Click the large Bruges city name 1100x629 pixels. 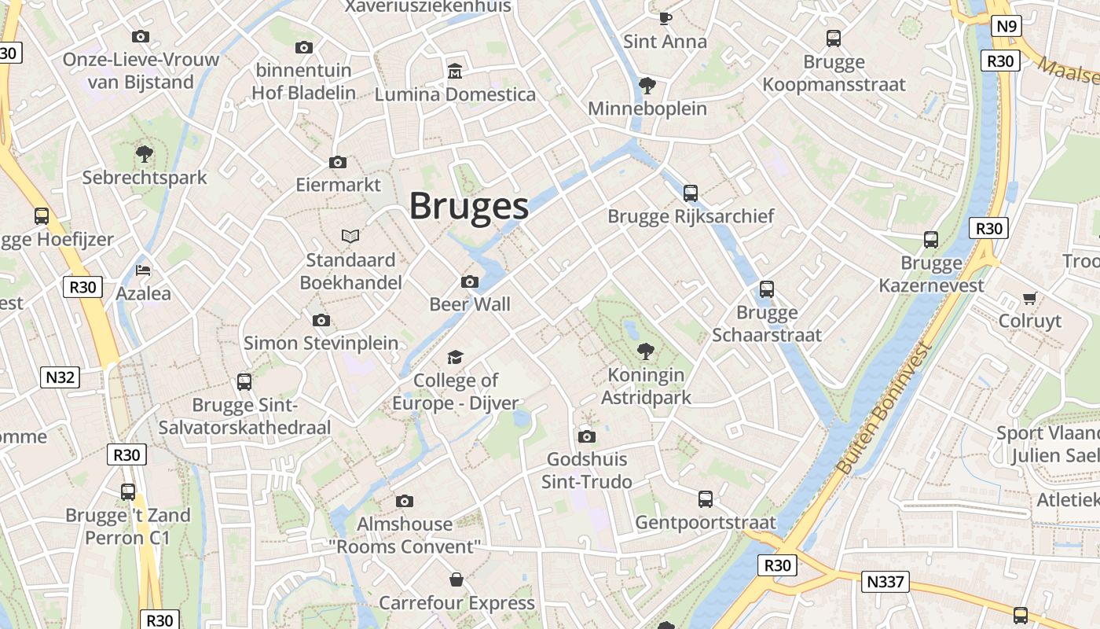469,206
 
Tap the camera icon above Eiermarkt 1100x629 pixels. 338,162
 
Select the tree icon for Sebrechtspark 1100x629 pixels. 144,153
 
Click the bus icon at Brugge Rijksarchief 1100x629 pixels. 691,193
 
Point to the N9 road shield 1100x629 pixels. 1006,27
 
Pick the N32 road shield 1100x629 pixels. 60,377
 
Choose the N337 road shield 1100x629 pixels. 885,583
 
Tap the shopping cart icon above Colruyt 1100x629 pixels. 1030,298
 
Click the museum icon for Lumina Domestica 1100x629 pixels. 454,72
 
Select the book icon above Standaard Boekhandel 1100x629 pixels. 350,236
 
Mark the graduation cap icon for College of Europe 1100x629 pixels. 456,358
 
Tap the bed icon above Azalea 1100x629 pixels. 143,270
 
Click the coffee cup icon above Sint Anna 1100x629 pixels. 665,18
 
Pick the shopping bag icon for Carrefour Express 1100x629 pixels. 456,580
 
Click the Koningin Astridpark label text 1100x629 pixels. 646,386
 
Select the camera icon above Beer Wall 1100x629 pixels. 470,281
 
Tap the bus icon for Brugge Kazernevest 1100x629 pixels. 931,240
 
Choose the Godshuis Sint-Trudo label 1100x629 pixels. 587,470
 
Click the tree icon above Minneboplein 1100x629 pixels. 647,85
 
